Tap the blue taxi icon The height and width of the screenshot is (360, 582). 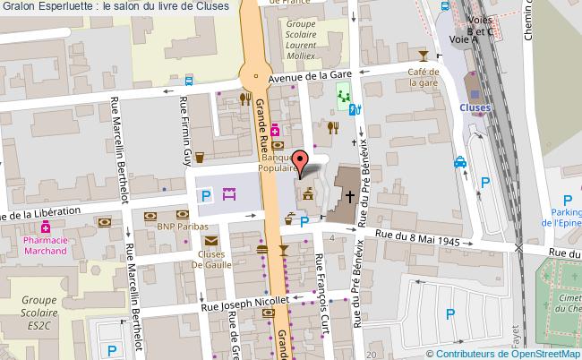(459, 162)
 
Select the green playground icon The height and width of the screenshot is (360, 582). (343, 91)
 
